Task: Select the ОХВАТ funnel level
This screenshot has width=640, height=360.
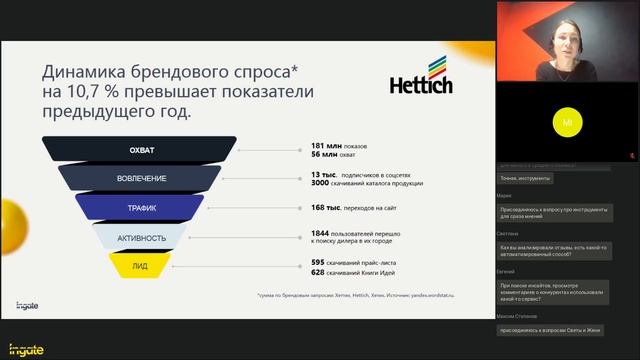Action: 142,150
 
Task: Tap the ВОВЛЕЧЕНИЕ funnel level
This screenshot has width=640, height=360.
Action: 142,179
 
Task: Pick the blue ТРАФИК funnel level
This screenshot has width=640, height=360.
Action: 142,208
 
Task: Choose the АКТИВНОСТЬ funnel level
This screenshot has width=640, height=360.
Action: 142,237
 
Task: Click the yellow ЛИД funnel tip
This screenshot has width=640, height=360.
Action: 142,265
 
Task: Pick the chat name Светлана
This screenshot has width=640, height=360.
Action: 507,232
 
